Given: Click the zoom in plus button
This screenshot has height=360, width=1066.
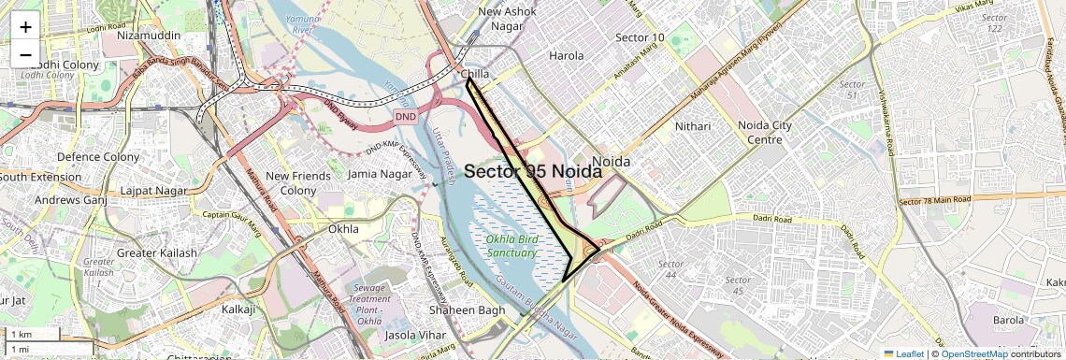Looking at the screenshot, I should tap(25, 27).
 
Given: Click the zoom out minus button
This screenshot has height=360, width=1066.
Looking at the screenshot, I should tap(25, 54).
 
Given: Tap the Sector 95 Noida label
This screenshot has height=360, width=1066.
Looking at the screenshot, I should tap(533, 172).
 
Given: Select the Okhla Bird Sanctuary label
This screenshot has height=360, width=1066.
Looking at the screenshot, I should tap(511, 245).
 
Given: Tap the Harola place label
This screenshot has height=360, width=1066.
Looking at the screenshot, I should tap(566, 56).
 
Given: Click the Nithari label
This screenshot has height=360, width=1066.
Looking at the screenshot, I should tap(693, 125).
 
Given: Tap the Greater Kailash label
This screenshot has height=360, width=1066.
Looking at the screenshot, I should tap(157, 253).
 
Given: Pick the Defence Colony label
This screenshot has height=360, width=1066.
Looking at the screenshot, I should tap(98, 157).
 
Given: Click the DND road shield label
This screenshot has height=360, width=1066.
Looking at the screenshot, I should tap(405, 116).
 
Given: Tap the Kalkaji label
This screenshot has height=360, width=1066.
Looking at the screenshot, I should tap(238, 309).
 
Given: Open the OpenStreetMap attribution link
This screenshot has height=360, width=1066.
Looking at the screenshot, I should tap(973, 353).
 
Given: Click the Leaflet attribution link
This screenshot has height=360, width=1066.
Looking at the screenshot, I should tap(904, 353).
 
